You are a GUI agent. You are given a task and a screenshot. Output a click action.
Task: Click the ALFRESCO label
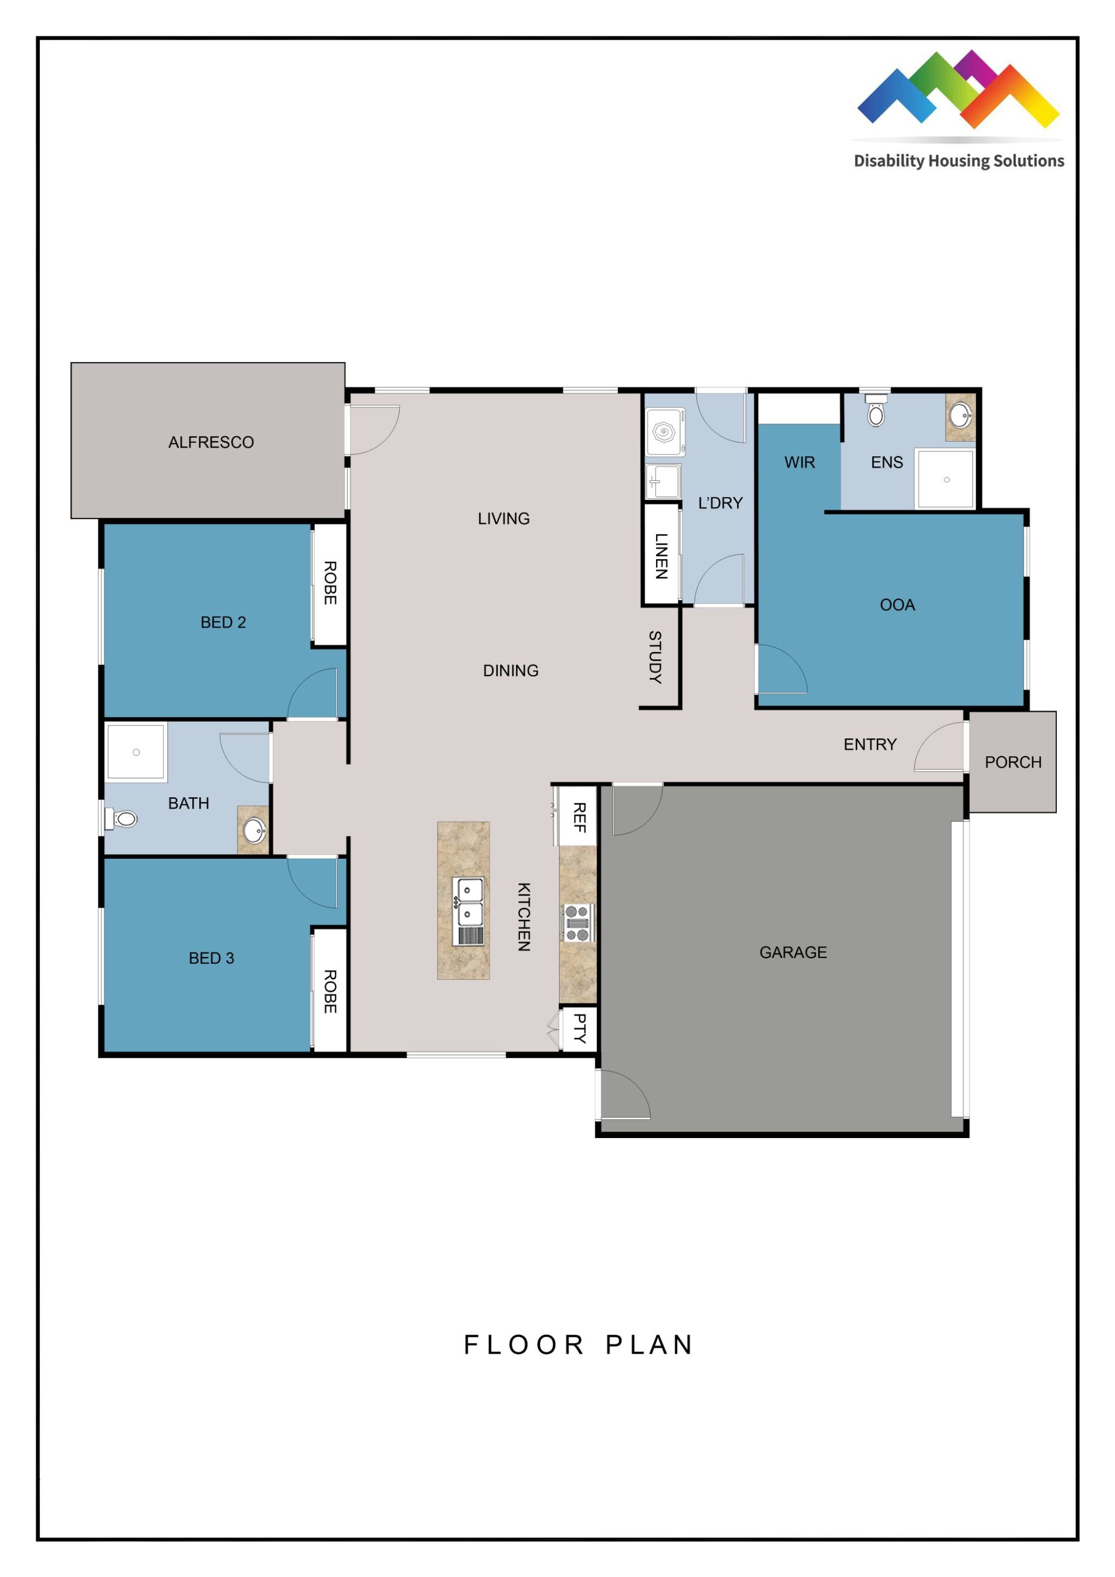[211, 442]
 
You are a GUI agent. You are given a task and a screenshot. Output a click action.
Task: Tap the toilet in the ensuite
[875, 412]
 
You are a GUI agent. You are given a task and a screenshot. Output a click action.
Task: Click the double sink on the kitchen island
[470, 902]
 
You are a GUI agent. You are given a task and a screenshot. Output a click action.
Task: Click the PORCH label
[1013, 762]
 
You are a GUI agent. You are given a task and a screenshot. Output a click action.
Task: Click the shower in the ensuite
[946, 479]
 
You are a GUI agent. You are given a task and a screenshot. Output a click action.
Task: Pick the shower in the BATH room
[136, 752]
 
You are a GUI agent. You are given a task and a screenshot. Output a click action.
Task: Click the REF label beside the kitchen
[579, 817]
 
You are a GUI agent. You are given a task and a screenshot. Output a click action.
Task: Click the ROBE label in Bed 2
[329, 583]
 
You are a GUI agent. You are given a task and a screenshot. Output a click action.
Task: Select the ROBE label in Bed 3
[329, 991]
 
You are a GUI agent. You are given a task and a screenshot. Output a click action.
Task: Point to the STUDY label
[655, 657]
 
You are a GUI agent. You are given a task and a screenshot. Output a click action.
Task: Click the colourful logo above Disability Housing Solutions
[958, 89]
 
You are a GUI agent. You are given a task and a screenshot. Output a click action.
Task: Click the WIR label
[799, 462]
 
